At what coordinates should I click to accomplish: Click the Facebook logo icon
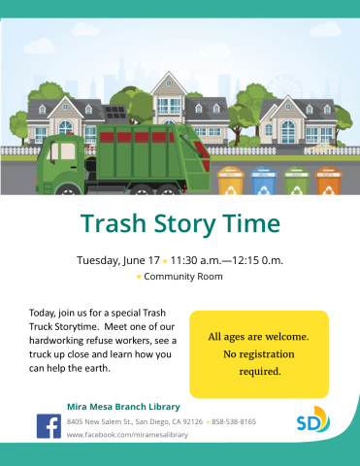pyautogui.click(x=49, y=426)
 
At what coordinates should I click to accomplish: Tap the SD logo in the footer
pyautogui.click(x=312, y=421)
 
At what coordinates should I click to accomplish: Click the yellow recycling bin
pyautogui.click(x=231, y=183)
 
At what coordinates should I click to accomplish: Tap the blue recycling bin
pyautogui.click(x=262, y=183)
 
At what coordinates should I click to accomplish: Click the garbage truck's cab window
pyautogui.click(x=65, y=152)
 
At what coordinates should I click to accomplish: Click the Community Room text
pyautogui.click(x=184, y=277)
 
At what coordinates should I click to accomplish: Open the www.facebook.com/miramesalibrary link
pyautogui.click(x=127, y=435)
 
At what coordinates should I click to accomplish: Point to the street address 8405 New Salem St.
pyautogui.click(x=102, y=421)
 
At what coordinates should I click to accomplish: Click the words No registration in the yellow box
pyautogui.click(x=259, y=353)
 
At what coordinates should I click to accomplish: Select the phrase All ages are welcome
pyautogui.click(x=259, y=337)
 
